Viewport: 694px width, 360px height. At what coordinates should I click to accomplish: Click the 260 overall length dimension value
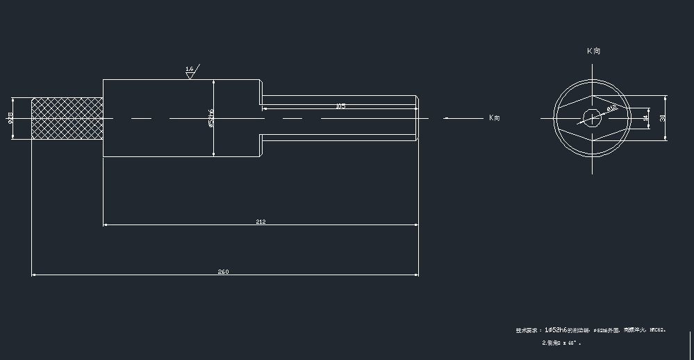click(x=224, y=272)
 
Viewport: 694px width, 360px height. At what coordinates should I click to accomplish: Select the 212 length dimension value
click(x=261, y=222)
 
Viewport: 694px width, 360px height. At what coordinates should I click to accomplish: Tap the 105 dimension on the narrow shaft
click(x=340, y=106)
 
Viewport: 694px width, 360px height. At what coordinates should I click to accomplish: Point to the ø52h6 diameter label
click(x=210, y=117)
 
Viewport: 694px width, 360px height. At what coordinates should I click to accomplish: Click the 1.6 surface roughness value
click(x=190, y=69)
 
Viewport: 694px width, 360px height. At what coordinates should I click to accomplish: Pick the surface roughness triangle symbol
click(x=190, y=76)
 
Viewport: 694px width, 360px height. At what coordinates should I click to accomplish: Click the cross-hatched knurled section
click(x=67, y=118)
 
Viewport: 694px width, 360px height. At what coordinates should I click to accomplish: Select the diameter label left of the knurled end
click(x=10, y=118)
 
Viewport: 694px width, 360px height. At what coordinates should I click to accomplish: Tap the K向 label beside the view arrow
click(x=494, y=118)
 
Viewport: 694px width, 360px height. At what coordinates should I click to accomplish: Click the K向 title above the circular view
click(x=593, y=51)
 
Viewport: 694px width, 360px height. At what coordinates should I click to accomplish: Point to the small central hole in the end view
click(x=591, y=117)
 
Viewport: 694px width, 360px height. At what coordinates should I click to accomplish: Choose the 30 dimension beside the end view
click(x=663, y=118)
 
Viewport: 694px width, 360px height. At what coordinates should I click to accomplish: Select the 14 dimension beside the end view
click(x=646, y=118)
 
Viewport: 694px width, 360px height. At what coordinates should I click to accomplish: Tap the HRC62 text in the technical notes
click(x=657, y=330)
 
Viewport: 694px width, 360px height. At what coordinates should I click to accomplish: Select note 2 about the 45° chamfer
click(x=561, y=343)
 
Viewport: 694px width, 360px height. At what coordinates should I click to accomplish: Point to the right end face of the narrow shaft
click(x=418, y=118)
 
